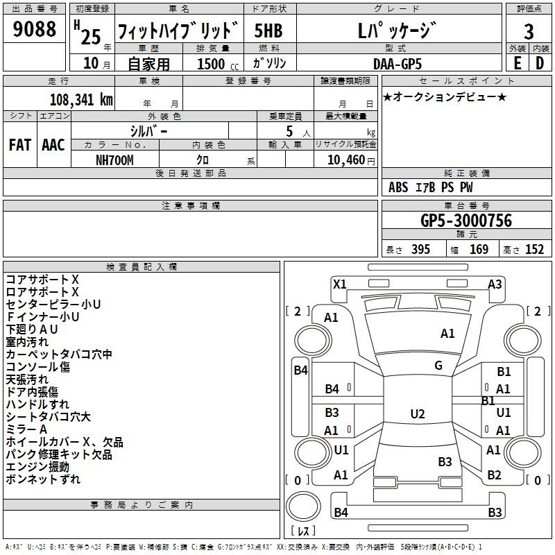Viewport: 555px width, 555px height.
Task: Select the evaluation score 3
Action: (x=529, y=32)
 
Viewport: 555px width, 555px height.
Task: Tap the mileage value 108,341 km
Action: (x=81, y=99)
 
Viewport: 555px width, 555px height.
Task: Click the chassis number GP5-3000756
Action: (x=466, y=221)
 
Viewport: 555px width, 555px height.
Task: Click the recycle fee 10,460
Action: (x=345, y=160)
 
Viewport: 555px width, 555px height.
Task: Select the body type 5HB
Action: (x=268, y=31)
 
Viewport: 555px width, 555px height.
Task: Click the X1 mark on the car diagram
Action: (x=340, y=284)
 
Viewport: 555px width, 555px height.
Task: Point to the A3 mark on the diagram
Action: (x=495, y=284)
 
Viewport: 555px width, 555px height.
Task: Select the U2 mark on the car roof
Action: (x=417, y=414)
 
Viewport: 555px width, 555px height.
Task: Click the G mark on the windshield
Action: (x=438, y=366)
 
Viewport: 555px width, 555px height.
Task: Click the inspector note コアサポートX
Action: (x=42, y=279)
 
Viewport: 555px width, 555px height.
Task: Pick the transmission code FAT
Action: (x=20, y=144)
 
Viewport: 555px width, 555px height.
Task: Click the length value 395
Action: (x=420, y=250)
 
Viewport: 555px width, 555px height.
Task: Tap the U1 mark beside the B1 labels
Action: (x=504, y=412)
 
